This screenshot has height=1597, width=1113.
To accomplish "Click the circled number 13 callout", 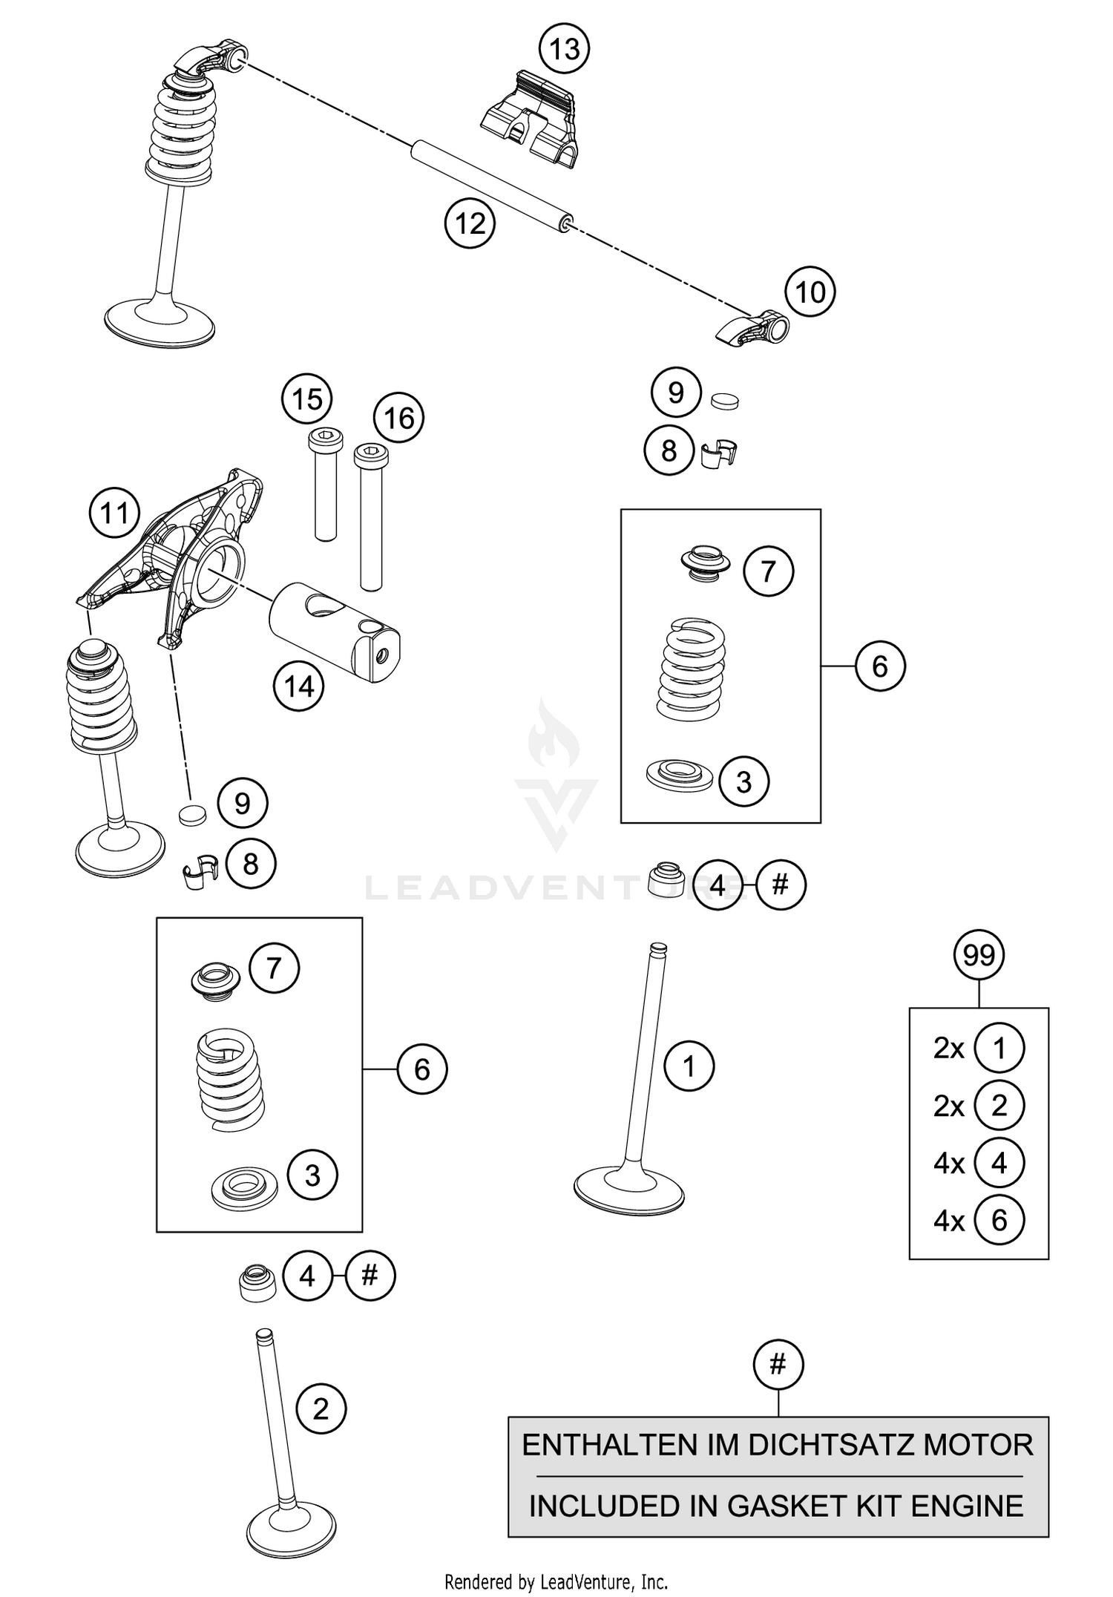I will pyautogui.click(x=564, y=49).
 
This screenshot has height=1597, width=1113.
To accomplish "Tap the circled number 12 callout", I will pyautogui.click(x=470, y=223).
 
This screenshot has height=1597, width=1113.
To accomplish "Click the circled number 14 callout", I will pyautogui.click(x=298, y=686).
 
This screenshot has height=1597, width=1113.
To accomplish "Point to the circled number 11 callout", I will pyautogui.click(x=114, y=513).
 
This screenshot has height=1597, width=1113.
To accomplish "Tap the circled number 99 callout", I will pyautogui.click(x=978, y=955).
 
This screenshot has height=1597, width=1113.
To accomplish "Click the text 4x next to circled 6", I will pyautogui.click(x=949, y=1221).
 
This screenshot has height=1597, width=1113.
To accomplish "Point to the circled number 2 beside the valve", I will pyautogui.click(x=321, y=1409).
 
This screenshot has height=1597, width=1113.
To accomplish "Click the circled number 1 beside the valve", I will pyautogui.click(x=689, y=1066).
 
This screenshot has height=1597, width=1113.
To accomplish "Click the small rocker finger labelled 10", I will pyautogui.click(x=753, y=329).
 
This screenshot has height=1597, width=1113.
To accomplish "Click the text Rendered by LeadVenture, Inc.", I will pyautogui.click(x=556, y=1582).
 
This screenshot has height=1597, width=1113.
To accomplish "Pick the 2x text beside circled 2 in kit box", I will pyautogui.click(x=949, y=1106).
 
